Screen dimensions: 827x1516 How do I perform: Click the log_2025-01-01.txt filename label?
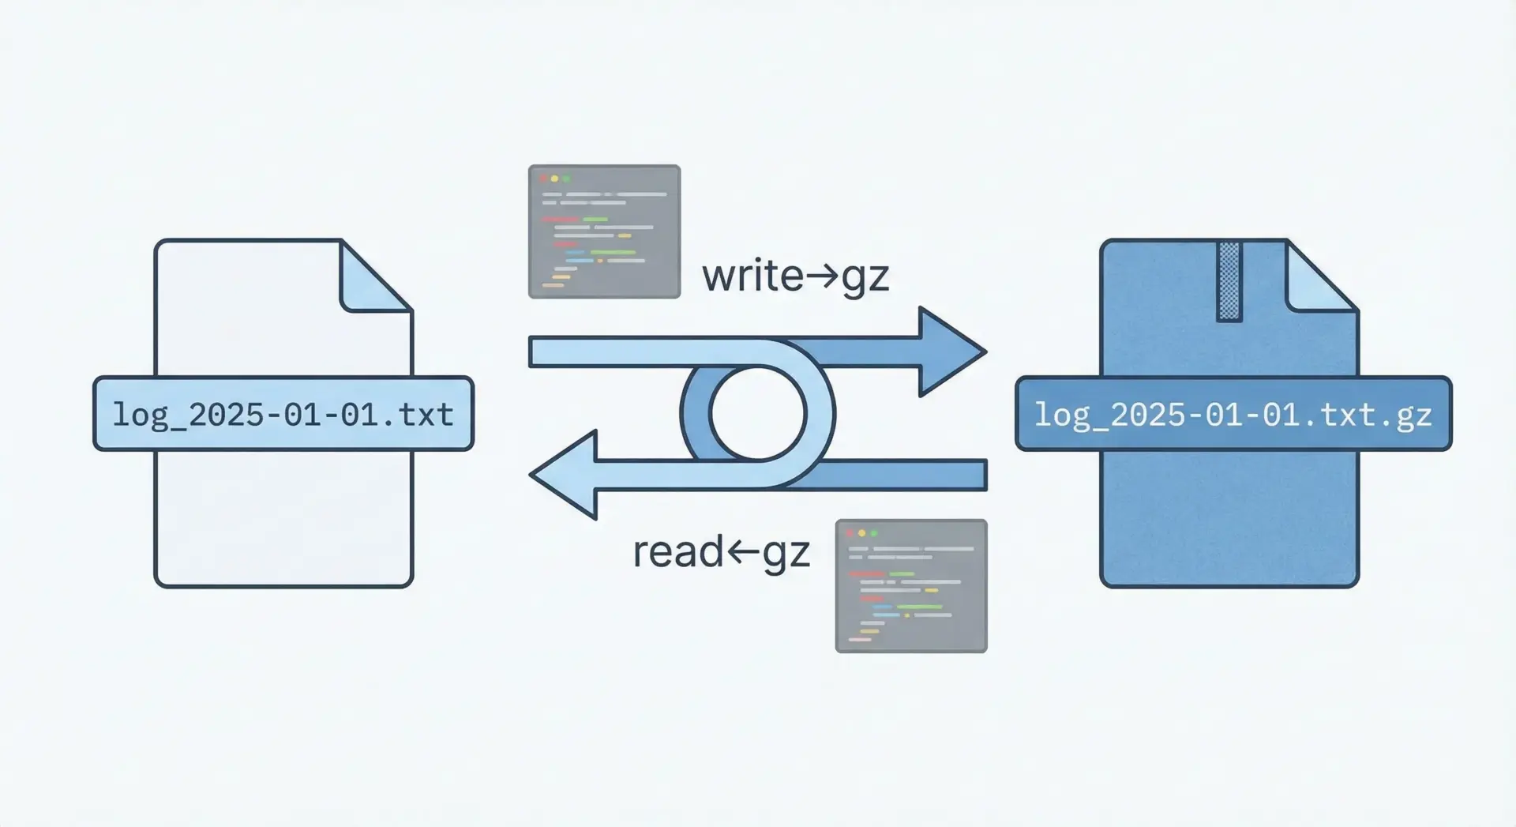pos(283,414)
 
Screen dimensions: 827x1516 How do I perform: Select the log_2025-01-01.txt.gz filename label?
pos(1233,414)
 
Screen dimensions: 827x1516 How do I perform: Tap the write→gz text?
pos(795,276)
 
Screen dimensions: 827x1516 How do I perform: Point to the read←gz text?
pos(721,552)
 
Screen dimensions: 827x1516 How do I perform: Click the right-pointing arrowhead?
pos(951,351)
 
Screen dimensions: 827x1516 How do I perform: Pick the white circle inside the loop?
pos(757,413)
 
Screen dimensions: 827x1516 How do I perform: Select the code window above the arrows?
pos(604,231)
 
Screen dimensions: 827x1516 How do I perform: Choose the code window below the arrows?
pos(911,585)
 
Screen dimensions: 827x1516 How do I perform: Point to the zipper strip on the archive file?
pos(1229,281)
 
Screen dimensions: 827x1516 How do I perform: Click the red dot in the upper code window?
pos(543,179)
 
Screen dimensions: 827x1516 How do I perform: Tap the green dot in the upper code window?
pos(565,179)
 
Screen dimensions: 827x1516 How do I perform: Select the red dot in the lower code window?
pos(850,533)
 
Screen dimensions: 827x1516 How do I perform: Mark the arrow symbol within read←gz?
pos(743,552)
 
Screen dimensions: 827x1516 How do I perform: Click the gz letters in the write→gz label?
pos(865,278)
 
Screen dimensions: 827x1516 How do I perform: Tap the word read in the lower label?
pos(677,552)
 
